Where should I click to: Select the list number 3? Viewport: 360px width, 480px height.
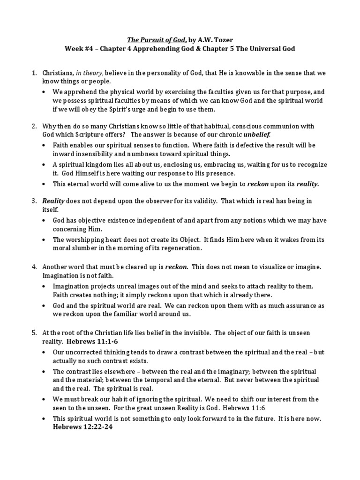click(x=34, y=201)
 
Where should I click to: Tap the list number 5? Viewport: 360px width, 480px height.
click(x=34, y=333)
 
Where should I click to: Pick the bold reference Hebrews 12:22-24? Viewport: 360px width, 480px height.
click(x=80, y=427)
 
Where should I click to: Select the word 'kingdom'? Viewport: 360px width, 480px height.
click(x=97, y=165)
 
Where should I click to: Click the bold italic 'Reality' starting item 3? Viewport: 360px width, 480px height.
click(x=53, y=201)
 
